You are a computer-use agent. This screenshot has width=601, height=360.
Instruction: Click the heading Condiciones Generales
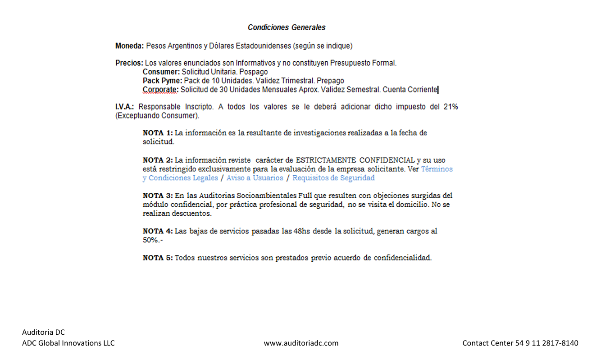tap(287, 27)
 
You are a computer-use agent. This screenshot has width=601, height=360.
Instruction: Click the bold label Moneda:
tap(130, 46)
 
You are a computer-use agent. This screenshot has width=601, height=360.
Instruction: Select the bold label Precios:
tap(129, 63)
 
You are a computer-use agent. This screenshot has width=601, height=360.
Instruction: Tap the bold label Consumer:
tap(161, 72)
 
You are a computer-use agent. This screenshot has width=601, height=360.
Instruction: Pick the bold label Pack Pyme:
tap(162, 81)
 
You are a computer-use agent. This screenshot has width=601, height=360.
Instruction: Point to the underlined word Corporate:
tap(160, 90)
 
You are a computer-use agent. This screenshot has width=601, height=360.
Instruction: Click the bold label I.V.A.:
tap(124, 107)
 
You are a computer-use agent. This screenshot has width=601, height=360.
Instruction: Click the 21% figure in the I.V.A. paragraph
tap(450, 107)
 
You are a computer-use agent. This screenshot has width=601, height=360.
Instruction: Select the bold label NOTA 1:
tap(158, 133)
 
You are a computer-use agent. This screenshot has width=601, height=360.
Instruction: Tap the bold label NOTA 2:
tap(158, 160)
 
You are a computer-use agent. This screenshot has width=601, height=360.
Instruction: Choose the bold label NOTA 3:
tap(158, 196)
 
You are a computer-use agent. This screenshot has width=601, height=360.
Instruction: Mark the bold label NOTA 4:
tap(158, 231)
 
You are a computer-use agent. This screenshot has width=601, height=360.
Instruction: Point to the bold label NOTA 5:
tap(158, 258)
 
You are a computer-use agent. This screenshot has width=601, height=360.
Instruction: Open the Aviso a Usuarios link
tap(255, 178)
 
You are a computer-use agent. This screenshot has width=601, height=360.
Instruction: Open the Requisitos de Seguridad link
tap(333, 178)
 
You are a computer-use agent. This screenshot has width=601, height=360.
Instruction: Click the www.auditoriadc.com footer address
tap(301, 343)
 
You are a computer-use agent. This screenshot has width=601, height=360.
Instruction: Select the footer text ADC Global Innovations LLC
tap(68, 343)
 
